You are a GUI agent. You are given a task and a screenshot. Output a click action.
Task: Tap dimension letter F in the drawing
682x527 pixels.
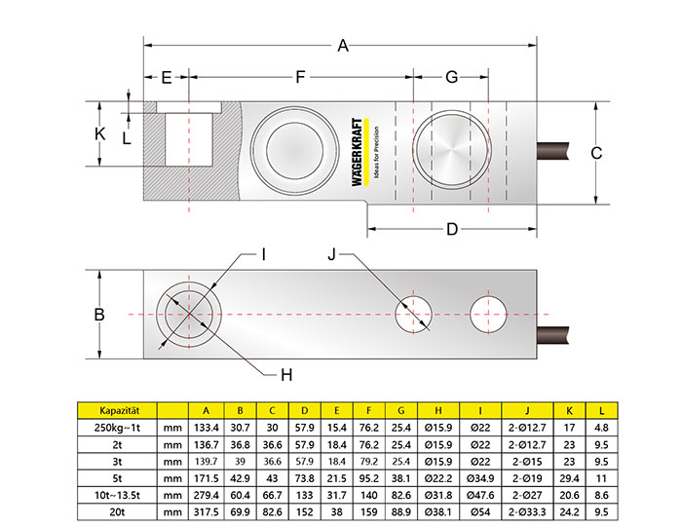[x=300, y=77]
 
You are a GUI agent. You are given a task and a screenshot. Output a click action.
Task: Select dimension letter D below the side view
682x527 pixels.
[x=451, y=230]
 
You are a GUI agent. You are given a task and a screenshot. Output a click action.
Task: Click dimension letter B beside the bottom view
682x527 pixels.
[x=98, y=314]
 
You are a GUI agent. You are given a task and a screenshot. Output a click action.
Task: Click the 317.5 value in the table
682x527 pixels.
[x=205, y=511]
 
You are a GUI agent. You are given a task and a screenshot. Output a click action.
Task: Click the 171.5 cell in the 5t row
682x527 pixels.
[x=205, y=476]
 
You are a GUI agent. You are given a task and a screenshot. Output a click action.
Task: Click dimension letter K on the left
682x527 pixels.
[x=99, y=132]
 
